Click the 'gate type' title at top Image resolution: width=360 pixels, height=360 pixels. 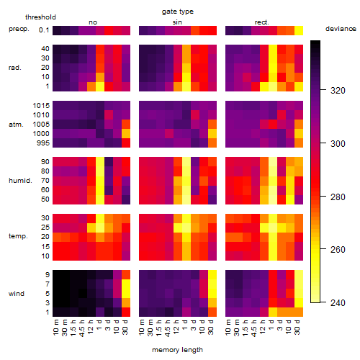coord(178,12)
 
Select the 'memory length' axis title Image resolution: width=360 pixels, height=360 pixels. coord(177,350)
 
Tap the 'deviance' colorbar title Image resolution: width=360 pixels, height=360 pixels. coord(341,29)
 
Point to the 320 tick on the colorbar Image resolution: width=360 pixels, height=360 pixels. coord(323,90)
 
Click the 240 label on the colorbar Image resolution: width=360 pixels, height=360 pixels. coord(338,302)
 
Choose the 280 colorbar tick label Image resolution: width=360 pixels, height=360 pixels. coord(338,197)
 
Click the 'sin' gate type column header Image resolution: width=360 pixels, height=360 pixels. coord(177,22)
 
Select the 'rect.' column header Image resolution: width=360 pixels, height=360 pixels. coord(261,22)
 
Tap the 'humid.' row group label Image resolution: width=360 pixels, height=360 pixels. coord(20,181)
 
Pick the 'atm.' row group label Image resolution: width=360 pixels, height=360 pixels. coord(16,125)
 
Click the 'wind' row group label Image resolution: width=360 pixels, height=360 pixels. coord(17,294)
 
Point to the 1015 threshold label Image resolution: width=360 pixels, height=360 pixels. coord(41,106)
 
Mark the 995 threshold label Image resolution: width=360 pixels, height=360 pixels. coord(43,143)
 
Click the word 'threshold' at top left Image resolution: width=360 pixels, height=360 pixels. coord(40,17)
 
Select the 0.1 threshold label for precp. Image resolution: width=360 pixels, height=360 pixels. coord(44,30)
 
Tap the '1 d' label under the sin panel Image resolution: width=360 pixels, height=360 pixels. coord(184,325)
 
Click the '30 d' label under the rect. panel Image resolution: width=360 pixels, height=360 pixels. coord(297,327)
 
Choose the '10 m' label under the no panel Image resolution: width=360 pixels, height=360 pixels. coord(55,328)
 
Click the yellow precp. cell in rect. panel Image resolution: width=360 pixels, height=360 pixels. coord(299,30)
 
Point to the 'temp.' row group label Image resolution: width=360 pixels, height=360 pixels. coord(18,236)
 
